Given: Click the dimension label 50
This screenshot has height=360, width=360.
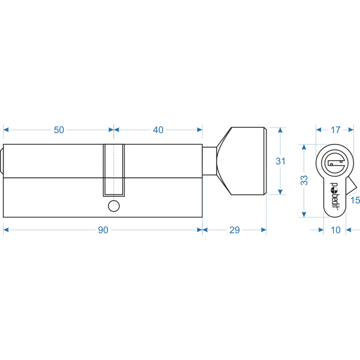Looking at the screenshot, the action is coord(59,130).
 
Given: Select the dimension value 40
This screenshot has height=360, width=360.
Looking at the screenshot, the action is coord(158,130).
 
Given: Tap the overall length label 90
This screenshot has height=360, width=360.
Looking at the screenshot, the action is coord(103,230).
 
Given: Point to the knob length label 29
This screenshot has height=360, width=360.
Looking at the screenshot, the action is coord(235,230).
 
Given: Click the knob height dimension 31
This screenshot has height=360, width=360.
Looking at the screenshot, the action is coord(281,161).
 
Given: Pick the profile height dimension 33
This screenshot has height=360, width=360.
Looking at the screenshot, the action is coord(304,180).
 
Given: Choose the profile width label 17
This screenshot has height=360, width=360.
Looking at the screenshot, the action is coord(335,130).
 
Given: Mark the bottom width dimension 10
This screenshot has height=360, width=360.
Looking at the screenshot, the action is coord(335,230).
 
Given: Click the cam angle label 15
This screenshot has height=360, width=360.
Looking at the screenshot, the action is coord(355,200).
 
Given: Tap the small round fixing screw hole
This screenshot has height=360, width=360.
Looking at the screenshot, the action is coord(113,206).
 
